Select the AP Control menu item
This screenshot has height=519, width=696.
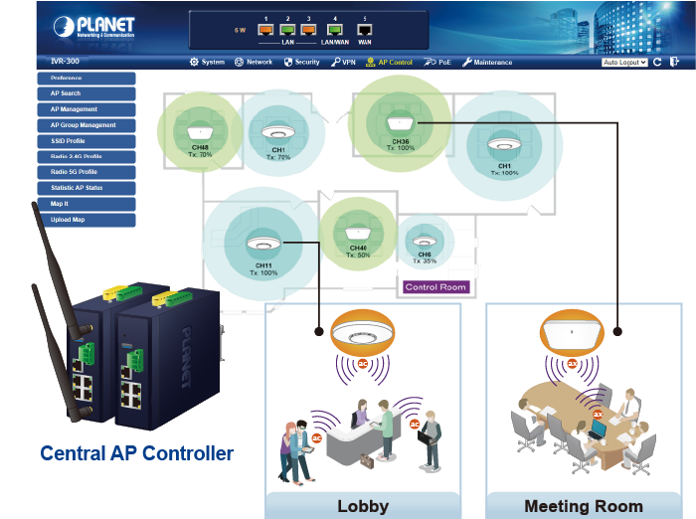(389, 62)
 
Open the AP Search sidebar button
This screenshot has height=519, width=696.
(85, 93)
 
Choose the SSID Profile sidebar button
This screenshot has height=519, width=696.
(85, 141)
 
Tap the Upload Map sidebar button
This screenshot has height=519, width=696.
(85, 220)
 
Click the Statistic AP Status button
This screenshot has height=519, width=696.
(85, 188)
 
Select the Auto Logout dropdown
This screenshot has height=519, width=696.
(624, 62)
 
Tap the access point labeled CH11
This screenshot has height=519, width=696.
(263, 244)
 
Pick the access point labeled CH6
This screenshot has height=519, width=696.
(425, 242)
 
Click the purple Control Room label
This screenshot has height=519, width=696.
(435, 287)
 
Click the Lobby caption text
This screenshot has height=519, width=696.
(362, 505)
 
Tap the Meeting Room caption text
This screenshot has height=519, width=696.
(584, 505)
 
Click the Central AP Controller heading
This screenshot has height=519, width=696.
(137, 453)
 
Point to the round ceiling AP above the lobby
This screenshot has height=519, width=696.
(362, 332)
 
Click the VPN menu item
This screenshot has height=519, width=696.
(343, 62)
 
